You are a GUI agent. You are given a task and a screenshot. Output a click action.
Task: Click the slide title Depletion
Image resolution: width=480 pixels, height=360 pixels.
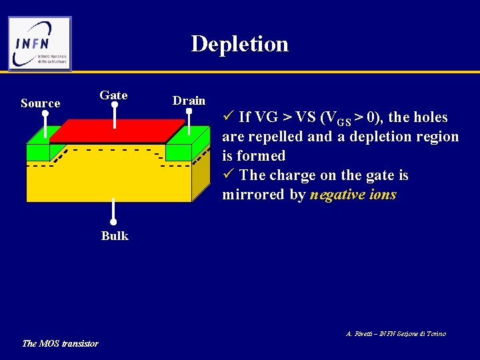pyautogui.click(x=239, y=44)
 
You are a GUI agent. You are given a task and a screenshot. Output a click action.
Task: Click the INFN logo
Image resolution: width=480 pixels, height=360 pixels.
pyautogui.click(x=40, y=43)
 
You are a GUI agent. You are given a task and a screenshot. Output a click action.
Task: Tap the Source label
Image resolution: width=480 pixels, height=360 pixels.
pyautogui.click(x=40, y=103)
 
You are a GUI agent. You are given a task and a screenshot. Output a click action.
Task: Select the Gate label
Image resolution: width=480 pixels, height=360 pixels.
pyautogui.click(x=113, y=95)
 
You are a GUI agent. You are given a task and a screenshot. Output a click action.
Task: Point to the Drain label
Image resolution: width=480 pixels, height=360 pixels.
pyautogui.click(x=189, y=101)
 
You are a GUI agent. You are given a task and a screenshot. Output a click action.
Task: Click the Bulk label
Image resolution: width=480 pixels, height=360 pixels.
pyautogui.click(x=115, y=236)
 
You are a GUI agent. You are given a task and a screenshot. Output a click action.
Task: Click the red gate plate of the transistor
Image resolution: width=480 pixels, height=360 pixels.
pyautogui.click(x=117, y=131)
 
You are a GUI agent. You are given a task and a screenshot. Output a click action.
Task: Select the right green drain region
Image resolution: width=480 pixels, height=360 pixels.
pyautogui.click(x=178, y=153)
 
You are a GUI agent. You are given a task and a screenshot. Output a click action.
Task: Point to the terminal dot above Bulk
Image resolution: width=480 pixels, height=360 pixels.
pyautogui.click(x=114, y=221)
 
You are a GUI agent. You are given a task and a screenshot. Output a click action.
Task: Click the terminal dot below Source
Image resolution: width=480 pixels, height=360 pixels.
pyautogui.click(x=45, y=113)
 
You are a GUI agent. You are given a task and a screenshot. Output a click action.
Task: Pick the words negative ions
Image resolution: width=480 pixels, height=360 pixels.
pyautogui.click(x=353, y=195)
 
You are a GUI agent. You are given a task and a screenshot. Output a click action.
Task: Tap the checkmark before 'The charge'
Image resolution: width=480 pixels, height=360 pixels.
pyautogui.click(x=228, y=175)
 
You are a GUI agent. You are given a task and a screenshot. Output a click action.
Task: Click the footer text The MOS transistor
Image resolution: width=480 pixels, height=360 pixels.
pyautogui.click(x=60, y=343)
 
